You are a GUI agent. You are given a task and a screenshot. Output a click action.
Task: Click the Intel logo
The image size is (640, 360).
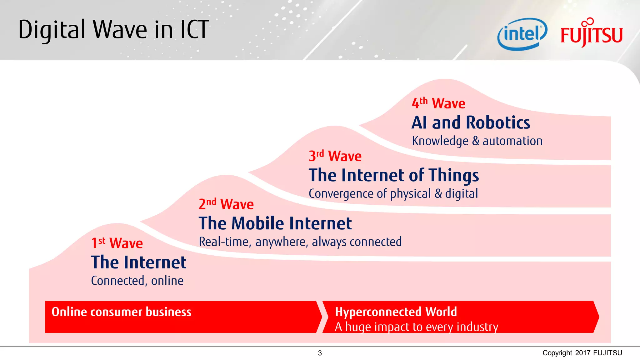522,34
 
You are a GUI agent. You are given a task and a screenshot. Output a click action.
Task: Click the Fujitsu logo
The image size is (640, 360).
591,34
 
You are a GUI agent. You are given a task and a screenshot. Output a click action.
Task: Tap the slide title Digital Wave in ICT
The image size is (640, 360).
113,30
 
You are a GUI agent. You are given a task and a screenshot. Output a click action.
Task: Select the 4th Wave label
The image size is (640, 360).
438,103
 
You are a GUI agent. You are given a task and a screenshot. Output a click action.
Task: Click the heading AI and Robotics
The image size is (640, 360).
471,122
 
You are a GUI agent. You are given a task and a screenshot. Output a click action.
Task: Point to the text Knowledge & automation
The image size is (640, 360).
477,141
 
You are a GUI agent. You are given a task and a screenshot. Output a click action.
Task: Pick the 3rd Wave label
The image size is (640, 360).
335,156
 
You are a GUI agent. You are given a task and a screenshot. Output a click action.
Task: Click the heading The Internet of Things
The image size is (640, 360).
393,175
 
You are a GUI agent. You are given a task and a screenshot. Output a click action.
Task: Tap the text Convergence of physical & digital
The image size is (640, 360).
393,194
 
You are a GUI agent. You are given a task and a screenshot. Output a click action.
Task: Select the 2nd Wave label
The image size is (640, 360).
226,204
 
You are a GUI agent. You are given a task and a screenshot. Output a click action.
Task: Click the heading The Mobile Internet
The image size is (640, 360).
275,223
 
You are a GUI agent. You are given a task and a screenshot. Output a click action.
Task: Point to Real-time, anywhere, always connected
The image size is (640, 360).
300,242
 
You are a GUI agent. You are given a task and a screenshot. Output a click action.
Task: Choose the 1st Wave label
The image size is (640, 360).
117,243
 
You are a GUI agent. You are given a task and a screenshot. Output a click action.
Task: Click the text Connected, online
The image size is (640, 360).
137,281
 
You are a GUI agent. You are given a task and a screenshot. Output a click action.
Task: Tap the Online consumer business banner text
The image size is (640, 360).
121,312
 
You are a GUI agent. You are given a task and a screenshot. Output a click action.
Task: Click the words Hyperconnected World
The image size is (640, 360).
396,312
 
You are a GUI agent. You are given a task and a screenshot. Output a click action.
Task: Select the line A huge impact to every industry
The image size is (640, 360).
416,327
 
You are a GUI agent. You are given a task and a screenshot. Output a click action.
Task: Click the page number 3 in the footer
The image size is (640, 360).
320,353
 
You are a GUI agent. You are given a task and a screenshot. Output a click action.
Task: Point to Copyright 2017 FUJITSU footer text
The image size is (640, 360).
582,353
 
